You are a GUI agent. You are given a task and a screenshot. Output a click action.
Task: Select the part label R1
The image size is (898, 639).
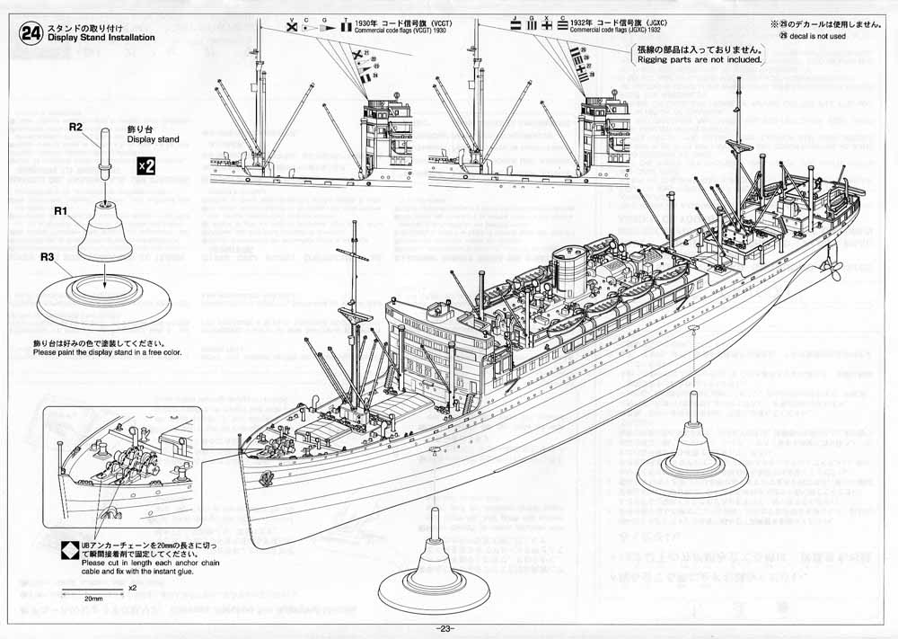[61, 210]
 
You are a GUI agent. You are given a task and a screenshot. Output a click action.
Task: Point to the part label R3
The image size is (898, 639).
[50, 257]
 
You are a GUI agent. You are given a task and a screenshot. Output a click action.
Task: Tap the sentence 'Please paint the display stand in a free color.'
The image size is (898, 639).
[107, 352]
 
